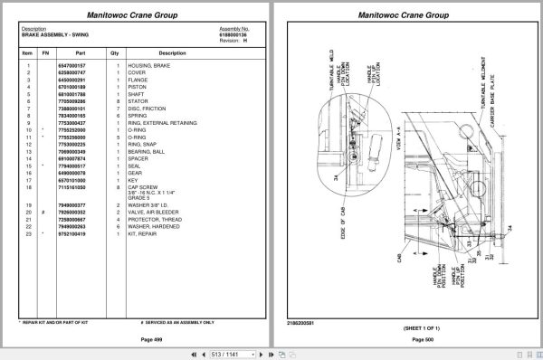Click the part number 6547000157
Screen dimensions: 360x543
click(x=71, y=66)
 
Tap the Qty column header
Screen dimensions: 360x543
click(x=115, y=52)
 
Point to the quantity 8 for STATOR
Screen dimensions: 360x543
click(x=118, y=101)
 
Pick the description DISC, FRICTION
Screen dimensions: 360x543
click(x=149, y=109)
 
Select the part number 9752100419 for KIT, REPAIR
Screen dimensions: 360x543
click(x=71, y=233)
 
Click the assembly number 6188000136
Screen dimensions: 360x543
click(x=233, y=33)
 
